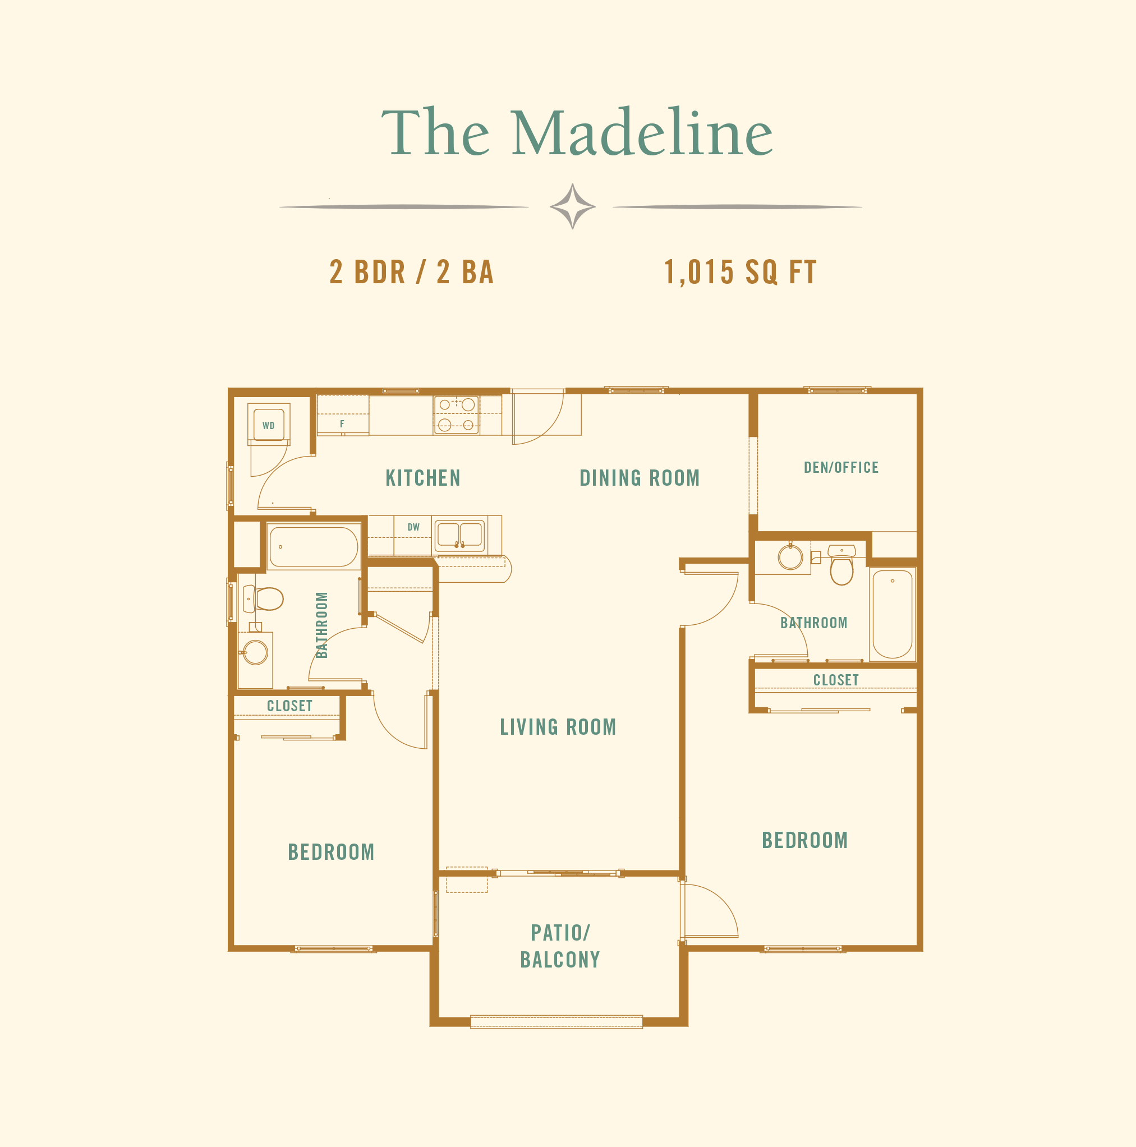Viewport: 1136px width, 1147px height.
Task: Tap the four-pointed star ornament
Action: (x=572, y=206)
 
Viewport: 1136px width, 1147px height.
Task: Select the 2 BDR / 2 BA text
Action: (x=412, y=272)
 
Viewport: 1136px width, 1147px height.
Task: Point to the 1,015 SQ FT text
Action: (x=740, y=272)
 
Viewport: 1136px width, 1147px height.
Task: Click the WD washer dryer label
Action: (x=268, y=425)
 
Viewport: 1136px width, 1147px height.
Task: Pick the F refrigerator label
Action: (x=342, y=424)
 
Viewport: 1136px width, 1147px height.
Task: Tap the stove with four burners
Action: (x=456, y=414)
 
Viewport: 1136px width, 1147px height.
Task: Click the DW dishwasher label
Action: (x=413, y=527)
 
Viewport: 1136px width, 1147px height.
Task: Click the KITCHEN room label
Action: (x=423, y=478)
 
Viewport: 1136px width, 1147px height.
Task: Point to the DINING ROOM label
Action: (x=640, y=478)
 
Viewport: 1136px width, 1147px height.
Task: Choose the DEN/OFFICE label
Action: (x=841, y=467)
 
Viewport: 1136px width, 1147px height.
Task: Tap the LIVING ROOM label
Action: (x=558, y=727)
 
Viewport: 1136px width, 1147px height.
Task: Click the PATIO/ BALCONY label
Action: (x=560, y=946)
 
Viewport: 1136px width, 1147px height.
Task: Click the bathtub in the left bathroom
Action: (x=314, y=547)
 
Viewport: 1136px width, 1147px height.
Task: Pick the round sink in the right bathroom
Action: (x=790, y=557)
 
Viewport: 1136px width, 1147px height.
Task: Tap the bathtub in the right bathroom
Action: (x=892, y=614)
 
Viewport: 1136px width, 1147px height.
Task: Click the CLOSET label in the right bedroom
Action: (x=835, y=680)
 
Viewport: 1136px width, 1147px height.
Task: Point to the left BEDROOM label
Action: (x=331, y=852)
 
